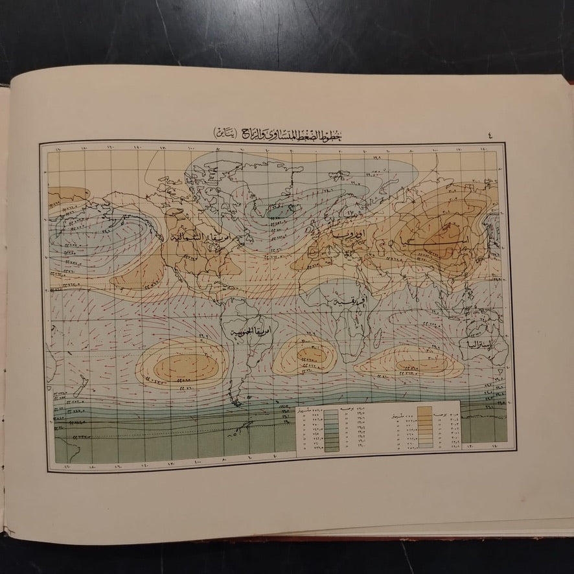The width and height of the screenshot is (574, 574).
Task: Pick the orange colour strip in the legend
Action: pyautogui.click(x=424, y=428)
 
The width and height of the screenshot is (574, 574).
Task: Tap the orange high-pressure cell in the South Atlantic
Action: pyautogui.click(x=304, y=355)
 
